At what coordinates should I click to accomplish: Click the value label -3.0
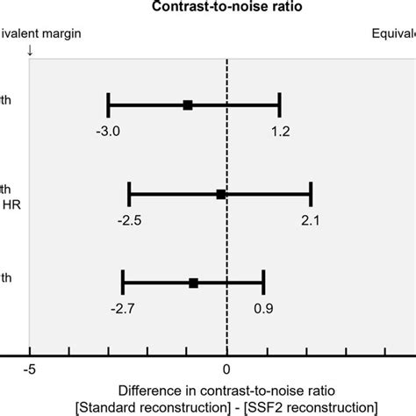point(110,131)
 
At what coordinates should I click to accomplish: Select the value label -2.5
point(131,220)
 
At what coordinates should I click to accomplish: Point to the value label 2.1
point(310,220)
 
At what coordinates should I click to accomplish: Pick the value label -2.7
point(124,308)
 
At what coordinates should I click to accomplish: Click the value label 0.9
point(263,308)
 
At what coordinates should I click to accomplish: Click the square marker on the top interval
point(188,104)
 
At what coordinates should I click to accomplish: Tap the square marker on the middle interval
point(221,194)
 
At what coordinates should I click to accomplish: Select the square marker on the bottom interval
point(194,283)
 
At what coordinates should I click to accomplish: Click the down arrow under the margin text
point(31,50)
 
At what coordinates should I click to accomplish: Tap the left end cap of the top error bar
point(108,104)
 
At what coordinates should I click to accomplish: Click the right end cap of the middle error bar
point(311,194)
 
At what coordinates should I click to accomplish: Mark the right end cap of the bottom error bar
point(263,283)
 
